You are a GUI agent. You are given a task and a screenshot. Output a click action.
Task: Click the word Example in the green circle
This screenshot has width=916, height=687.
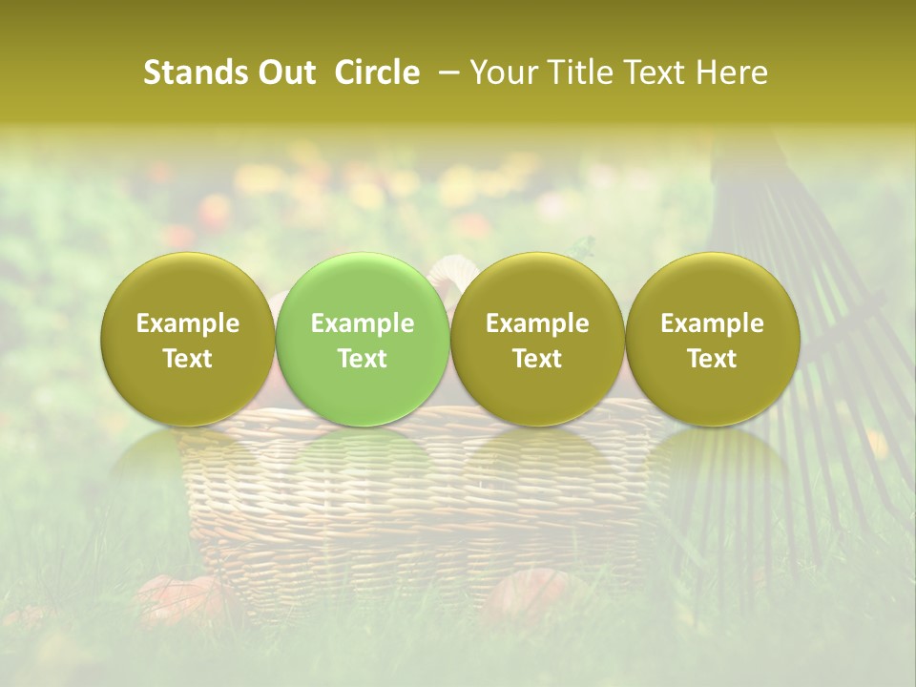[363, 323]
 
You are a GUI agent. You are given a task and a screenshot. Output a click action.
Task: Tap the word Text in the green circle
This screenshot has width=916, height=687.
[363, 359]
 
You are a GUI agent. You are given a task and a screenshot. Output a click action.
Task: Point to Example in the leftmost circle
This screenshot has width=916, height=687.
[188, 323]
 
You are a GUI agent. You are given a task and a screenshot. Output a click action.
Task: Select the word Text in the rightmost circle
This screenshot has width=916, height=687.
[713, 359]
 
